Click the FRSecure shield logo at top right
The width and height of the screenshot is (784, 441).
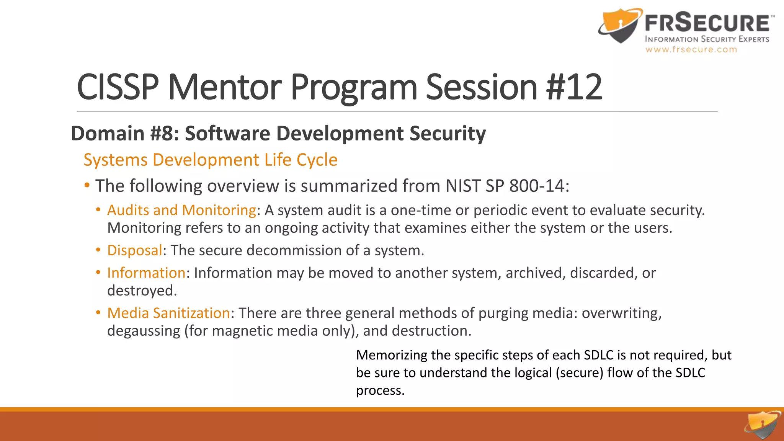(620, 26)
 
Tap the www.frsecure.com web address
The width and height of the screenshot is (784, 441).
(691, 50)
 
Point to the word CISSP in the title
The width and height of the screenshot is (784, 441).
(118, 87)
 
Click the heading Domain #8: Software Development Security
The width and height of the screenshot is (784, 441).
(278, 134)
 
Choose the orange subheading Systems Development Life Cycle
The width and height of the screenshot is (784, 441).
(211, 160)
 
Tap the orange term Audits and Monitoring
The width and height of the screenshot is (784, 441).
(181, 210)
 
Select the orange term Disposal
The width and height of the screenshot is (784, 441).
(135, 250)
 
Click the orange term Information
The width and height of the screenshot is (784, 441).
(146, 273)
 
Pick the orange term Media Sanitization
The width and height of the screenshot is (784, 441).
(168, 313)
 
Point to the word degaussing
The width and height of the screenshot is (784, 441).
(144, 331)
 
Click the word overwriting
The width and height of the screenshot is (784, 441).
(621, 313)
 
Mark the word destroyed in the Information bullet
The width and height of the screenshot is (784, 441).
(142, 291)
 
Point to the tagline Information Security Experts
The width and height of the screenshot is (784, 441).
(707, 39)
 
